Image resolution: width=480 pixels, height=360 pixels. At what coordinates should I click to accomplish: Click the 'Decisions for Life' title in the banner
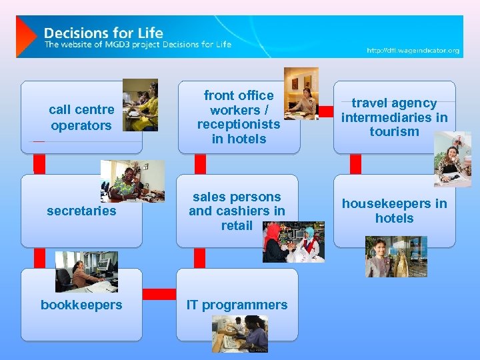click(103, 32)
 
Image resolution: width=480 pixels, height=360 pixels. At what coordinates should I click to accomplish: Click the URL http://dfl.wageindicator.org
click(413, 51)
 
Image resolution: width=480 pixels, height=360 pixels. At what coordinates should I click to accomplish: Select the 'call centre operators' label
click(81, 117)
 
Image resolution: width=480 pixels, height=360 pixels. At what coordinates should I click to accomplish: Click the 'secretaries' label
click(81, 211)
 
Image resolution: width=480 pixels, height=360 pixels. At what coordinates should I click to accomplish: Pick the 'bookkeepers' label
click(81, 305)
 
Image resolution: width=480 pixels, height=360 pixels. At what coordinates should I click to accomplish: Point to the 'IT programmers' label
click(237, 305)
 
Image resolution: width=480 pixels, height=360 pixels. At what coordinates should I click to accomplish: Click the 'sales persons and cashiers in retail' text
click(237, 211)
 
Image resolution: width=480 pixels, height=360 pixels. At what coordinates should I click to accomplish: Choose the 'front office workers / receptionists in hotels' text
click(238, 117)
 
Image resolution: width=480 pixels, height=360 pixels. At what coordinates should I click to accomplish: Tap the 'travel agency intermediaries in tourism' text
click(394, 117)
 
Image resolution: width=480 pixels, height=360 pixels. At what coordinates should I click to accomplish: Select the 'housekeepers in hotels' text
click(394, 211)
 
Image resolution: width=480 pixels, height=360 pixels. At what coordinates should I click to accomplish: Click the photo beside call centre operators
click(140, 105)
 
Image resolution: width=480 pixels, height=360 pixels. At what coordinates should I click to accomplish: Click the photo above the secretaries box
click(132, 181)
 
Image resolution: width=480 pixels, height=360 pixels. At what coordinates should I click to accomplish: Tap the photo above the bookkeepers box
click(86, 271)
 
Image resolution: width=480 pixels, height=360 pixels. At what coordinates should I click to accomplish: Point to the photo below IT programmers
click(240, 333)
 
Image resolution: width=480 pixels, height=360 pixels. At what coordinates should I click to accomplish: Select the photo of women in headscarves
click(293, 242)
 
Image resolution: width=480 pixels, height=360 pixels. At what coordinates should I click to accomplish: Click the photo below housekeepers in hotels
click(396, 257)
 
